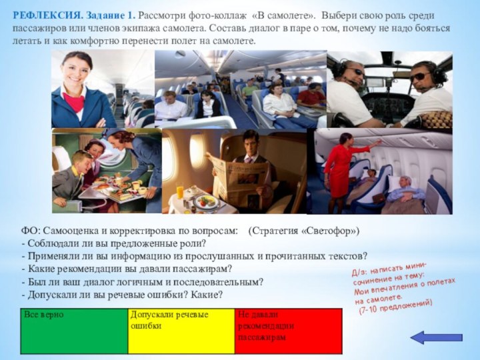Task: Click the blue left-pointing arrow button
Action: (427, 337)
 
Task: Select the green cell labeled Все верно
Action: (73, 330)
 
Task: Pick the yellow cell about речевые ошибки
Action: (181, 330)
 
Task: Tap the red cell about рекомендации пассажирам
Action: (288, 330)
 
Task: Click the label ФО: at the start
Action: (31, 231)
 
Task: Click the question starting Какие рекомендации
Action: (127, 269)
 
